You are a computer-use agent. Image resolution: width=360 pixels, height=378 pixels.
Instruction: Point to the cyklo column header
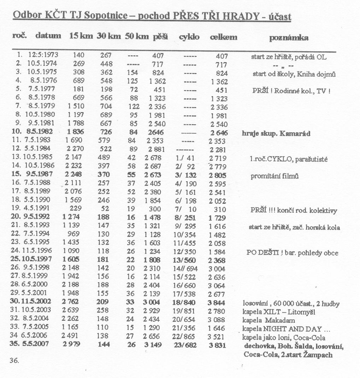coord(189,37)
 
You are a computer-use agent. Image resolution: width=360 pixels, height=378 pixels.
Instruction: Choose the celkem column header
coord(223,37)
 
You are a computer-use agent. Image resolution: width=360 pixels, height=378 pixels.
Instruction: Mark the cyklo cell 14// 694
coord(186,268)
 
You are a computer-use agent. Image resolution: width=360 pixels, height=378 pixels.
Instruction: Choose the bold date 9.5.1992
coord(35,217)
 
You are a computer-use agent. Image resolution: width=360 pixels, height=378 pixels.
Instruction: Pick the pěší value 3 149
coord(153,345)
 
